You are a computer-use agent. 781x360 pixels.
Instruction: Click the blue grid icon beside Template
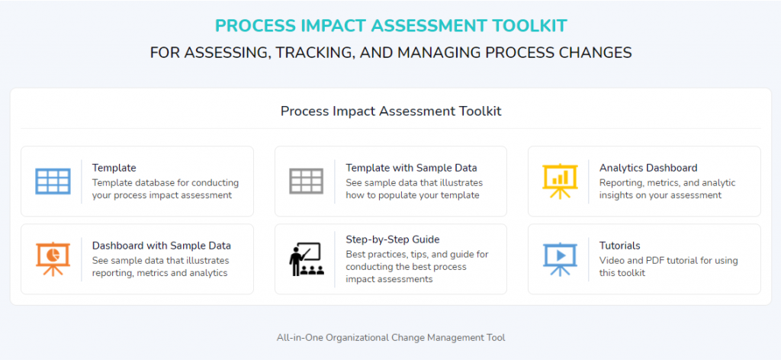point(53,181)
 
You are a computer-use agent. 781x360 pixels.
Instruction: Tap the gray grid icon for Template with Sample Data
point(306,181)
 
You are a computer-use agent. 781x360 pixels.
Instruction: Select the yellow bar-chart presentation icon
point(560,180)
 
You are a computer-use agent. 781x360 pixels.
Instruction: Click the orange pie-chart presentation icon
point(53,259)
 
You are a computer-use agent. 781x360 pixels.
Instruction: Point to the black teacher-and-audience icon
point(306,259)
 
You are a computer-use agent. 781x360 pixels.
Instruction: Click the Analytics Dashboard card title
point(648,168)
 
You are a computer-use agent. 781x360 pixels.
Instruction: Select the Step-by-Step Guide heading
point(392,239)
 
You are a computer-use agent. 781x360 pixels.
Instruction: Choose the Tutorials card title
point(619,246)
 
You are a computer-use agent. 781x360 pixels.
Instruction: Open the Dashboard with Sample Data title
point(161,246)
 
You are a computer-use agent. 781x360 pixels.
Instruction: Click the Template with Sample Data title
point(411,168)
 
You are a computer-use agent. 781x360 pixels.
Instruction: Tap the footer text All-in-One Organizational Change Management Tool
point(390,337)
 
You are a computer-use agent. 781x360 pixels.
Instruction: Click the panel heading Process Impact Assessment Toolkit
point(390,111)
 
